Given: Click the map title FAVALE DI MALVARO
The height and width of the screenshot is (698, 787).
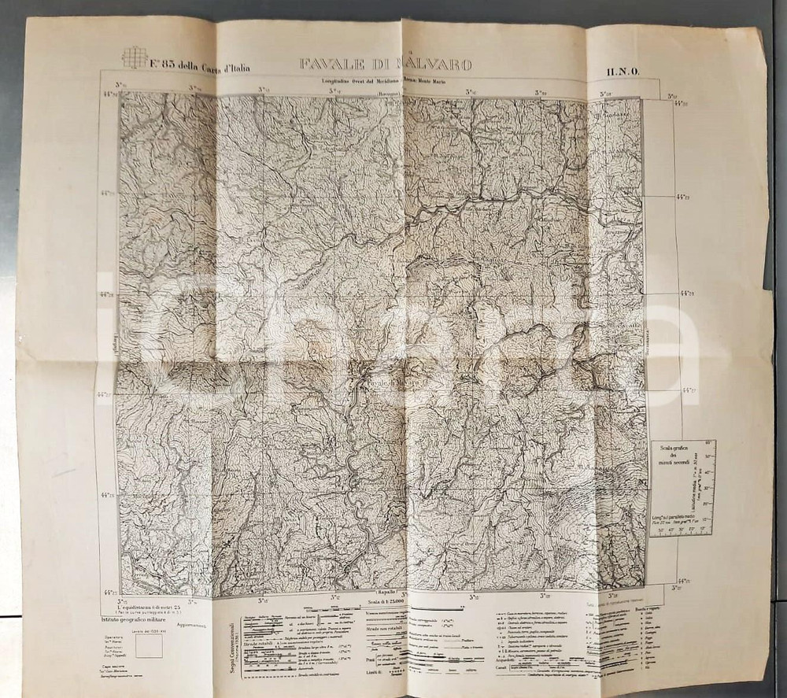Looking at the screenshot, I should click(385, 65).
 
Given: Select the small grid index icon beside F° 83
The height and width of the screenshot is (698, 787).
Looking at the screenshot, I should click(135, 57).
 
